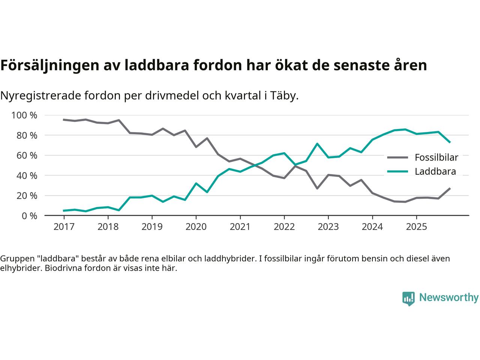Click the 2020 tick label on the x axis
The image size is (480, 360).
point(196,227)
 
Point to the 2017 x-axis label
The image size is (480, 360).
point(64,227)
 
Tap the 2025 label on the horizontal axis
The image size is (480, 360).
point(416,227)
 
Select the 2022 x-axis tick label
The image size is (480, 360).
point(284,227)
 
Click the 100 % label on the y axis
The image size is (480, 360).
point(25,115)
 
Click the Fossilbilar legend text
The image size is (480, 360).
point(436,157)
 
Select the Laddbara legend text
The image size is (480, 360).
point(435,171)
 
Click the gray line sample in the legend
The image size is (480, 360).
point(397,157)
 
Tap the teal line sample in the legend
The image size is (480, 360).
point(397,171)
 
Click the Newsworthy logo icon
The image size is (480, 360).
point(408,298)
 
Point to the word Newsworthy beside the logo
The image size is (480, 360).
point(448,298)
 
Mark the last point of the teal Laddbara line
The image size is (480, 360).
point(450,142)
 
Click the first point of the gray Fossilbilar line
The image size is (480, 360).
point(64,120)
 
